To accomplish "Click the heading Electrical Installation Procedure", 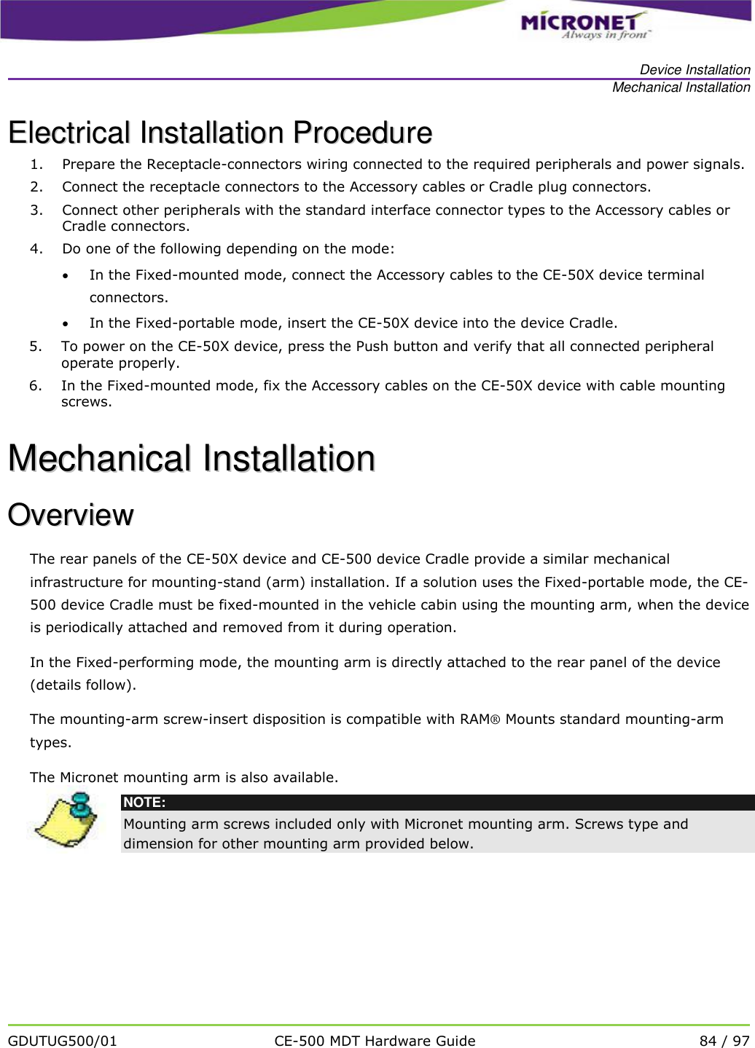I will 219,133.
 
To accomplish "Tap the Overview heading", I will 71,515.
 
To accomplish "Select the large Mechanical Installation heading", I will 192,458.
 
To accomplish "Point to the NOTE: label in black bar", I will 144,803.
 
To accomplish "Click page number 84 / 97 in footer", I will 724,1041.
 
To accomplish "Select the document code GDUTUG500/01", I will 63,1041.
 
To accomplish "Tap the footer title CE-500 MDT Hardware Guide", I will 375,1041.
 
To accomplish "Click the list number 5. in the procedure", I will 36,347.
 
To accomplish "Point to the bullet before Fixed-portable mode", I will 66,323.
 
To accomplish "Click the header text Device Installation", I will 695,70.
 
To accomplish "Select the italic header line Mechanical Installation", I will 681,87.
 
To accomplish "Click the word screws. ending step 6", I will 86,402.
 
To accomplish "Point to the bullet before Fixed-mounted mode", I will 66,275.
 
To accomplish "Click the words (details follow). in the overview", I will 82,685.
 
